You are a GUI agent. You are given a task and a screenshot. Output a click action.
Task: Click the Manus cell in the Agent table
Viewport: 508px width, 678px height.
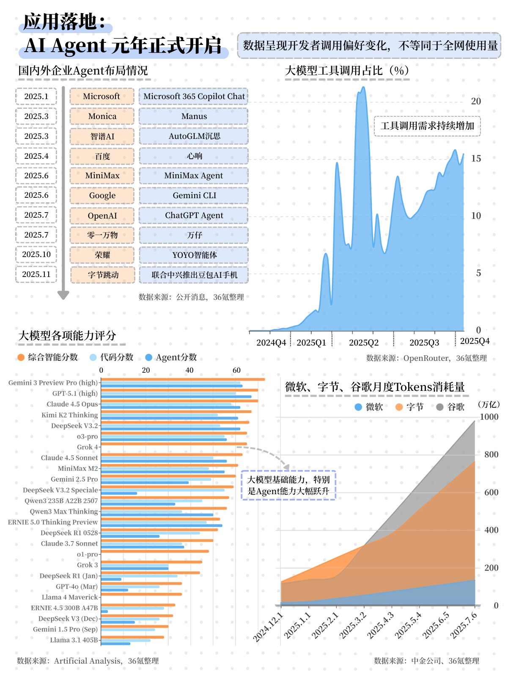point(194,116)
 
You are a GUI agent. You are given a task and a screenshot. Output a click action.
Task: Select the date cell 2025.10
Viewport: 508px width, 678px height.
point(36,255)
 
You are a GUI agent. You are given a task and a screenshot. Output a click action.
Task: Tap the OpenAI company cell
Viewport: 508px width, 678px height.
point(102,216)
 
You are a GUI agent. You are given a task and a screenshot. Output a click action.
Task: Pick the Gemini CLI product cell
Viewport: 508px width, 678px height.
point(194,196)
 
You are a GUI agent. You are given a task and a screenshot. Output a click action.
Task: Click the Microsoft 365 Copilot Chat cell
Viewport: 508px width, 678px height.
point(194,97)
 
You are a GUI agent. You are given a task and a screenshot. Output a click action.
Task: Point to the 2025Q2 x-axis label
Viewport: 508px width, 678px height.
point(363,343)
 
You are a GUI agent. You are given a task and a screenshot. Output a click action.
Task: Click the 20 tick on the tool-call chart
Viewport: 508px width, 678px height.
point(476,101)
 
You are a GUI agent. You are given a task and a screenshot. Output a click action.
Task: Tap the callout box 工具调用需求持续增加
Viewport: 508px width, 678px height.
point(427,126)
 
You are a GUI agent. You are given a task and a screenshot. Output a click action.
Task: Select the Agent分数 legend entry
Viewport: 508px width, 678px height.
point(171,357)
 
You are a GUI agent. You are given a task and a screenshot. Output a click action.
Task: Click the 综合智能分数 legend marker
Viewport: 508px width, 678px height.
point(21,357)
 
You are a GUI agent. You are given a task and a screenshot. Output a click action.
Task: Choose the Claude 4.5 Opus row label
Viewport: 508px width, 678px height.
point(72,404)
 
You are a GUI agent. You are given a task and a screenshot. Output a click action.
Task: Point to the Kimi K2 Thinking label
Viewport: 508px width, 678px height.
point(70,415)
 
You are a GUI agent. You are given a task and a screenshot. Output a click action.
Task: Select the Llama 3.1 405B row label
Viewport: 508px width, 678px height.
point(74,640)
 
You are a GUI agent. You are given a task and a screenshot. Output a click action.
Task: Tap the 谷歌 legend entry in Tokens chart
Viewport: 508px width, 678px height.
point(451,407)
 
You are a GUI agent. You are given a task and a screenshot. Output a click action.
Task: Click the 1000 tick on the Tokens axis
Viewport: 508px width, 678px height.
point(489,417)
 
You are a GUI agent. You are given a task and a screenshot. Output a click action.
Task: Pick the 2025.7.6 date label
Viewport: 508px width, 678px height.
point(464,625)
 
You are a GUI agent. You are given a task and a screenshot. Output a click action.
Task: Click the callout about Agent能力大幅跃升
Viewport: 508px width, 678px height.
point(288,485)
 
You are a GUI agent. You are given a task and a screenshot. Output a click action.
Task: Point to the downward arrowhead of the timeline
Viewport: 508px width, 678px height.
point(63,295)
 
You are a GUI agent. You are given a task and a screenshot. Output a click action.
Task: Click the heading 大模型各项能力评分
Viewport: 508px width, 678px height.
point(67,336)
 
